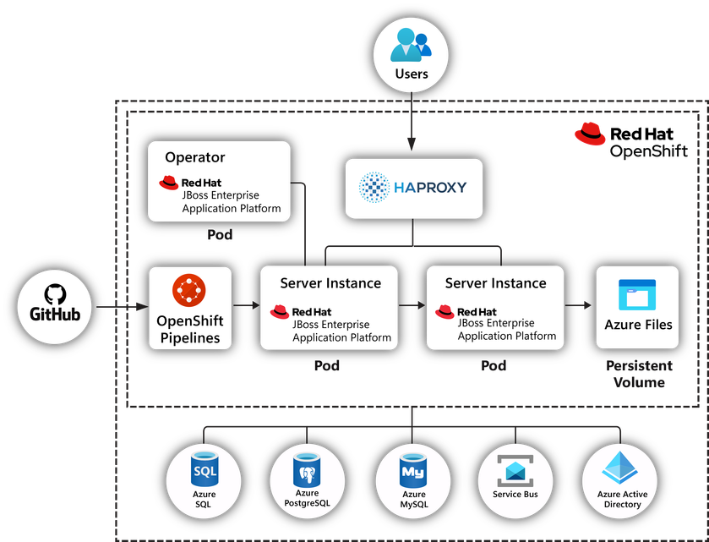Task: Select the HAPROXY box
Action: [412, 186]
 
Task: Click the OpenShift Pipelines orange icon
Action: [189, 290]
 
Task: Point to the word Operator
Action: [195, 157]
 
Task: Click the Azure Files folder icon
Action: [637, 294]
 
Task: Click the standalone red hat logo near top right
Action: [590, 133]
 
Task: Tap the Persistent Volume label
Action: [639, 374]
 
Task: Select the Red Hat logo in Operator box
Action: [169, 182]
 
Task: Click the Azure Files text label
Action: [639, 325]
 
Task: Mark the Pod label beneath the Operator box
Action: [220, 235]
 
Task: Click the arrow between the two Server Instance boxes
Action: [412, 306]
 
